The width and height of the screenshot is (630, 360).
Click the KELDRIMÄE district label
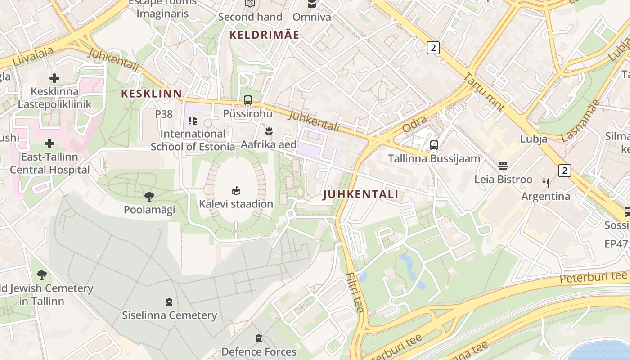[264, 35]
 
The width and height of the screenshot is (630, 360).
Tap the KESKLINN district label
[152, 94]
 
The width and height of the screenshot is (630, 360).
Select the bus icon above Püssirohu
[248, 100]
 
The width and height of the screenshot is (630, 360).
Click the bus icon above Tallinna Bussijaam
[434, 145]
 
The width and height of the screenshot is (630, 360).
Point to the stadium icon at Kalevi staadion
[236, 190]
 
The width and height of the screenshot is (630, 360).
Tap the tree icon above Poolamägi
[149, 196]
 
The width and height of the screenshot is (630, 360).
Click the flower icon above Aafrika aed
[269, 131]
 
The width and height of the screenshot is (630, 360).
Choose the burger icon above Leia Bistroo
[503, 166]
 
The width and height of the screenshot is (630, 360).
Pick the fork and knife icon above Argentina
[546, 183]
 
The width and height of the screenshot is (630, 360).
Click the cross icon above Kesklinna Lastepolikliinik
[54, 78]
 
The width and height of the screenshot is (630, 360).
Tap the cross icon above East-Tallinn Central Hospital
[49, 144]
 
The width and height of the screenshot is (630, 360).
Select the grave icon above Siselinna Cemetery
[169, 301]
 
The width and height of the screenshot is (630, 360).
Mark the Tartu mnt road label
[484, 92]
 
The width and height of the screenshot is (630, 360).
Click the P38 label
[164, 114]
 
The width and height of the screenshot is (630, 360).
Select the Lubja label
[534, 139]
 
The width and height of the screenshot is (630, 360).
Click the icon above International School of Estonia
[193, 120]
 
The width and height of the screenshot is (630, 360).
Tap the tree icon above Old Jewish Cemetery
[42, 274]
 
